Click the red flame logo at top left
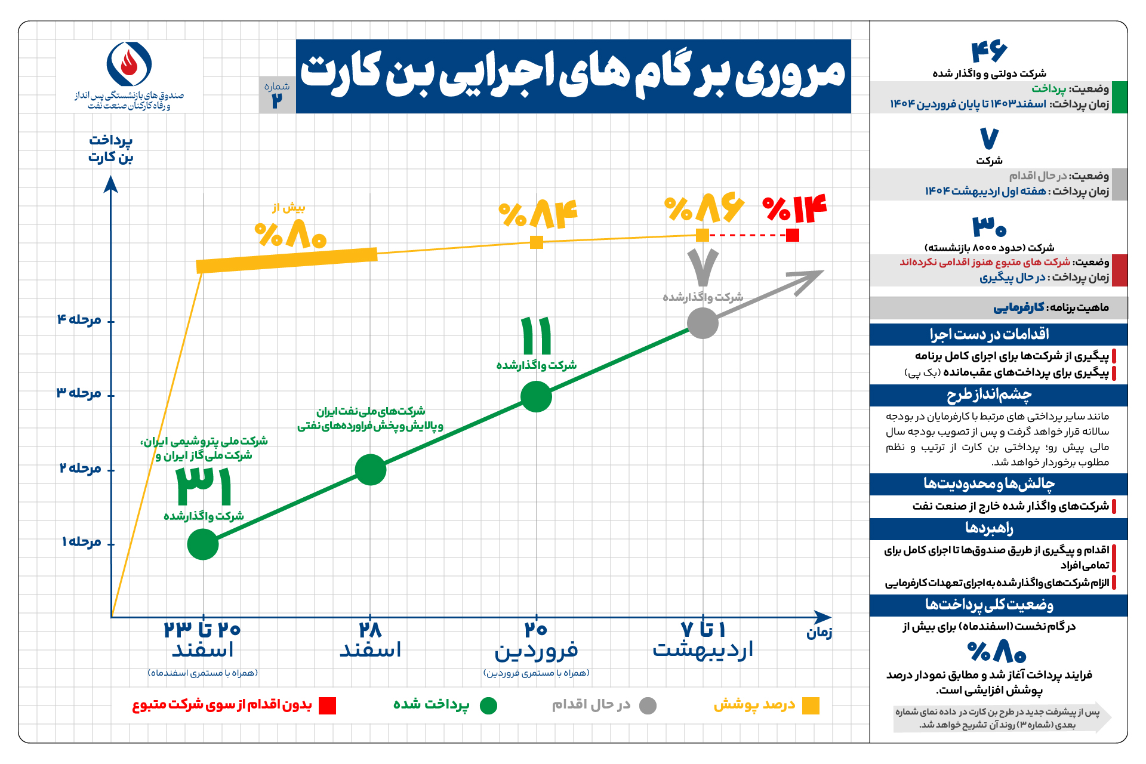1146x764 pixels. pyautogui.click(x=129, y=63)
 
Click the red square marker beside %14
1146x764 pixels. pyautogui.click(x=793, y=235)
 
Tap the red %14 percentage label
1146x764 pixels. pyautogui.click(x=795, y=208)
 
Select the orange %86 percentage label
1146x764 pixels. pyautogui.click(x=704, y=208)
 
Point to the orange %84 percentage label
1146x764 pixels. pyautogui.click(x=538, y=214)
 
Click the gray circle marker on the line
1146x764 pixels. pyautogui.click(x=703, y=324)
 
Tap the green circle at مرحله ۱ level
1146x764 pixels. pyautogui.click(x=203, y=544)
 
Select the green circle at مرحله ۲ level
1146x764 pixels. pyautogui.click(x=371, y=470)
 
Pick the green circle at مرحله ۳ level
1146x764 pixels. pyautogui.click(x=536, y=396)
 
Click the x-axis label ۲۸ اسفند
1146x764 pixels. pyautogui.click(x=370, y=640)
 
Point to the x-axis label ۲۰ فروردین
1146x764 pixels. pyautogui.click(x=536, y=640)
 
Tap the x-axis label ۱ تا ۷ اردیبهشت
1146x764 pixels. pyautogui.click(x=703, y=640)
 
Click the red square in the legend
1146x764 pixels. pyautogui.click(x=327, y=706)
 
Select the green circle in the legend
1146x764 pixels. pyautogui.click(x=488, y=706)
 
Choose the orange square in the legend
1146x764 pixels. pyautogui.click(x=811, y=706)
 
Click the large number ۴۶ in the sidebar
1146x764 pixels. pyautogui.click(x=989, y=52)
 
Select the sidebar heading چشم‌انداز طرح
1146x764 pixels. pyautogui.click(x=989, y=395)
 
